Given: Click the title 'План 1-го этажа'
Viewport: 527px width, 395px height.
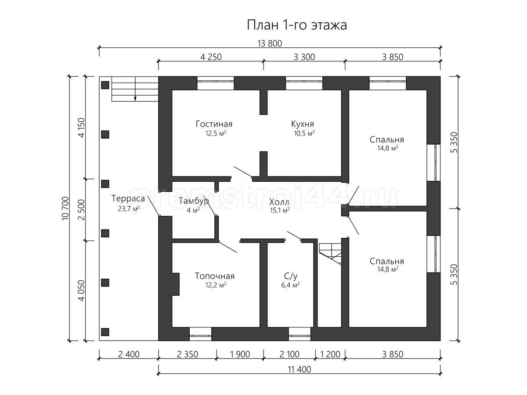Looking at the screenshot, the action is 297,25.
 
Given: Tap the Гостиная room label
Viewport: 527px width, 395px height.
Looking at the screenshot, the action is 214,124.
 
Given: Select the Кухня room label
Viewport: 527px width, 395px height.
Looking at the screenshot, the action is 302,124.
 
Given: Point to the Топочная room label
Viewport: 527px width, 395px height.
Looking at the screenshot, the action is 214,276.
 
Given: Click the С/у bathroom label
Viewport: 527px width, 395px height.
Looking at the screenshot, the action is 291,276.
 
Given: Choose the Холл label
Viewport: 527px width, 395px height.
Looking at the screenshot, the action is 279,202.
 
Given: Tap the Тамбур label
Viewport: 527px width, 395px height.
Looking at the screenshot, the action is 194,201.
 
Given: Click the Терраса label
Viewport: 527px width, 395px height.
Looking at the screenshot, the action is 128,198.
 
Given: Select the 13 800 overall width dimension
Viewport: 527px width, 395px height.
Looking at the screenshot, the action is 270,43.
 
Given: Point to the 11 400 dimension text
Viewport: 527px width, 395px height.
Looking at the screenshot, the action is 299,370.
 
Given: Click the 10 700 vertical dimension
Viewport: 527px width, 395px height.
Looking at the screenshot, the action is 65,208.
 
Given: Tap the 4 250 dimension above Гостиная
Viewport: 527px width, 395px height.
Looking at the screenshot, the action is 211,57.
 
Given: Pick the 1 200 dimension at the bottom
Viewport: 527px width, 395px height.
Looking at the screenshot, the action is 330,354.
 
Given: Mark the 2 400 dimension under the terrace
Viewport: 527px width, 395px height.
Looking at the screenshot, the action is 129,354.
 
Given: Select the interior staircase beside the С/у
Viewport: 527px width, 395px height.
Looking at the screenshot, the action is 330,254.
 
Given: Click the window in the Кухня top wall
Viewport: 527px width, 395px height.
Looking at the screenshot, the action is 304,83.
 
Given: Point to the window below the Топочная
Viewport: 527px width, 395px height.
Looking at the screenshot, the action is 200,334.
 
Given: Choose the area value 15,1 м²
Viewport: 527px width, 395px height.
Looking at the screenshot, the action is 280,210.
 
